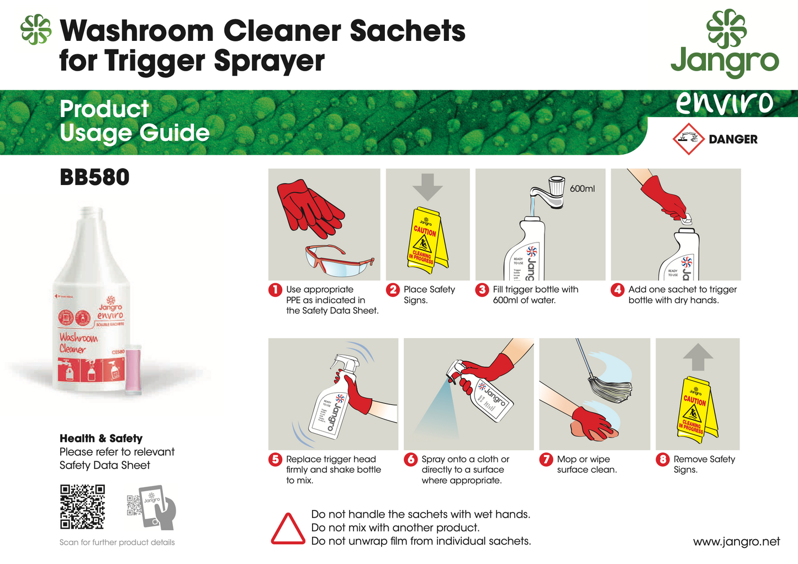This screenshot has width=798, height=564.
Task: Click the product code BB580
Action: click(94, 177)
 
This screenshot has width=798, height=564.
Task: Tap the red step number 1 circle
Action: click(275, 290)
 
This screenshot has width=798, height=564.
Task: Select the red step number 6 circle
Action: click(410, 460)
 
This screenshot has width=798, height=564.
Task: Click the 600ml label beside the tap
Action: click(582, 189)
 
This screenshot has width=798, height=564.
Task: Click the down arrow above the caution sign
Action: click(427, 187)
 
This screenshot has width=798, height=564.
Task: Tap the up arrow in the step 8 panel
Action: click(697, 357)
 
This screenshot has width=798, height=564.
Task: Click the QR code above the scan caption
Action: click(82, 507)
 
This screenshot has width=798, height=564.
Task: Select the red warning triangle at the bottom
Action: click(287, 529)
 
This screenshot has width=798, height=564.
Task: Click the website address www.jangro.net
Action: click(736, 542)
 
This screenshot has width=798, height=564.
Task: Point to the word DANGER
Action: click(733, 140)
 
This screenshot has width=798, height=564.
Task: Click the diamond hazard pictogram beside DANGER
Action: click(688, 139)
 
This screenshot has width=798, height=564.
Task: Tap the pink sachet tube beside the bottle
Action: click(134, 369)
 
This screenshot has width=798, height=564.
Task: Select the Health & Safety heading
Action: click(101, 439)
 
